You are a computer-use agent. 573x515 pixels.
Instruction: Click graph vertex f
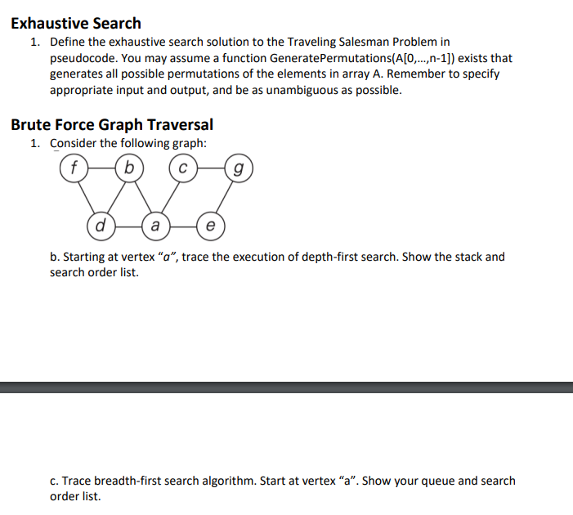(x=74, y=169)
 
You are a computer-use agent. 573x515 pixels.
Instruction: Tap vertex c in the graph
(x=183, y=169)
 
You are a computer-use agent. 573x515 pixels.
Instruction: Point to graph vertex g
(x=238, y=169)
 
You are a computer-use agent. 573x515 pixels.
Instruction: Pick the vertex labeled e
(x=211, y=223)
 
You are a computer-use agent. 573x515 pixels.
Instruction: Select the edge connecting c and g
(x=211, y=169)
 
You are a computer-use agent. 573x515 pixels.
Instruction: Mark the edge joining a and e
(x=183, y=223)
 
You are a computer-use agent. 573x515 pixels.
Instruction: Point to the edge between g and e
(x=225, y=196)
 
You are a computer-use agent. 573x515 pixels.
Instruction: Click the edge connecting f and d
(x=87, y=196)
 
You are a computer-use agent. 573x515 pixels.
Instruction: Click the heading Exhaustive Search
(x=76, y=23)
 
